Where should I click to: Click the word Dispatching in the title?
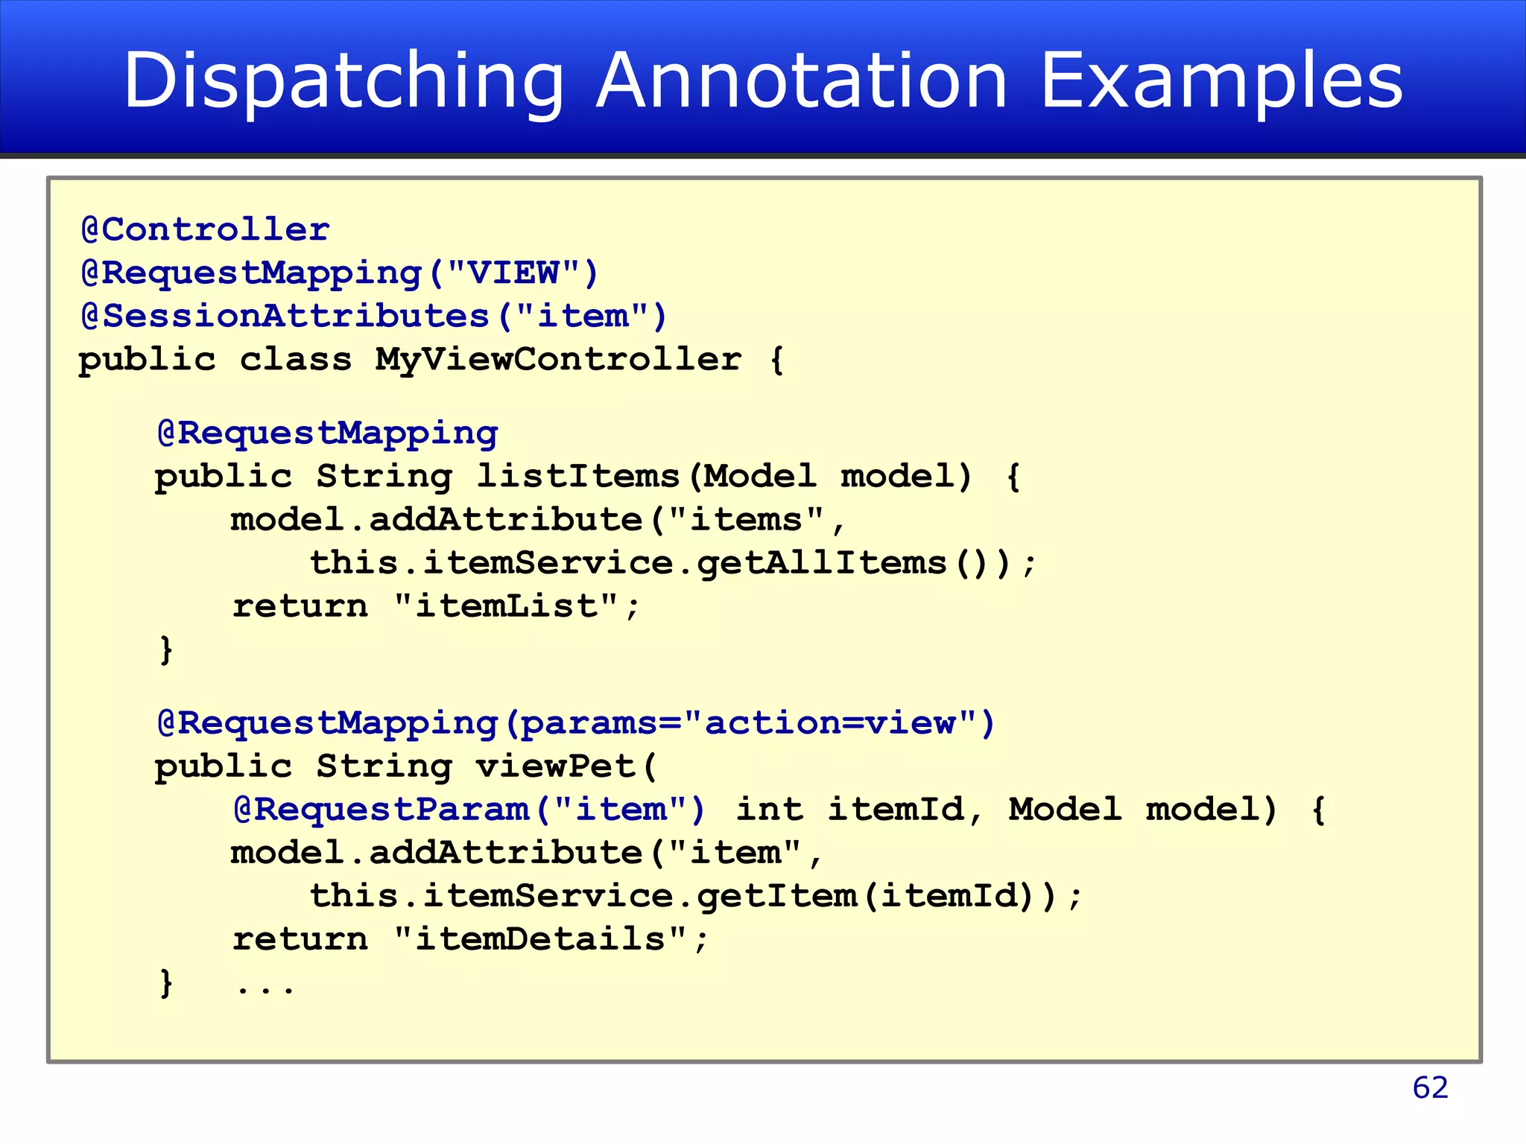(x=343, y=82)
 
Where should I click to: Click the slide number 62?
(x=1430, y=1088)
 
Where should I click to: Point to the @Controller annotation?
(x=205, y=229)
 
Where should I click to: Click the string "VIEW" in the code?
(x=513, y=273)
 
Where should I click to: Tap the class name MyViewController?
(x=558, y=360)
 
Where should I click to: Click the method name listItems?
(x=577, y=476)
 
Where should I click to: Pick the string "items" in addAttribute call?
(x=747, y=519)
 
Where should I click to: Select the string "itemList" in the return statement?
(x=507, y=606)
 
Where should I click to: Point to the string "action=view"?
(x=830, y=722)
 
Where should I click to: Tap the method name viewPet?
(x=554, y=766)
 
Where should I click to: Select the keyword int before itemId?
(x=770, y=810)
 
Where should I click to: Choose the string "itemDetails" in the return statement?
(x=540, y=939)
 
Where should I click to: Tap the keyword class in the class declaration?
(x=295, y=360)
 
